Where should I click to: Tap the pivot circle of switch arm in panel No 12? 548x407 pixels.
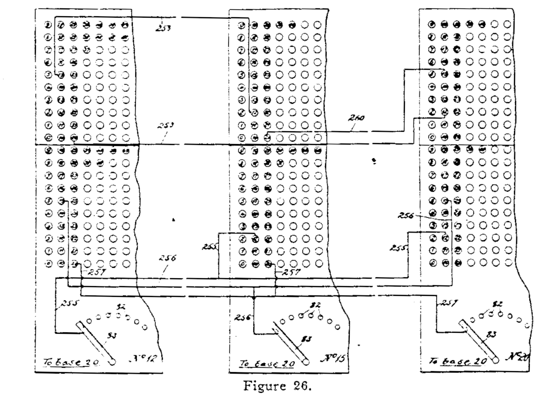pos(113,362)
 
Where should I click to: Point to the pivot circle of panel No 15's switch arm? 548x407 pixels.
pos(306,362)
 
